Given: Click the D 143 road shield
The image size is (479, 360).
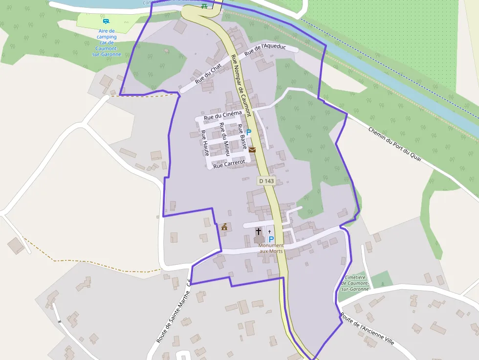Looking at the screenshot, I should point(267,181).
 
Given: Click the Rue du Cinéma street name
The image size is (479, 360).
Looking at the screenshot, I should point(223,115).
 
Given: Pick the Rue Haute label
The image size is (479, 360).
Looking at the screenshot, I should point(205,143).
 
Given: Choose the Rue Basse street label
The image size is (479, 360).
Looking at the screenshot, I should point(241,137).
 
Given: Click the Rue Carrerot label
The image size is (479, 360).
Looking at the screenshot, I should point(229,163).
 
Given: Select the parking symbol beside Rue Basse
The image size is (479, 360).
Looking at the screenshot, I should point(248,132).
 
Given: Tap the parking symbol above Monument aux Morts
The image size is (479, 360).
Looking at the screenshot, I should point(271,239).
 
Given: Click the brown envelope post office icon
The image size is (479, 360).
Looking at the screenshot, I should point(252,149).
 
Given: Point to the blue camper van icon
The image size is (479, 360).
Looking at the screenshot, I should point(106,21).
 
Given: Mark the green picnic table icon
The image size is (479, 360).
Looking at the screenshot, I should point(204,6).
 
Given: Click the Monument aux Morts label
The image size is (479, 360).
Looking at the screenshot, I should point(271,248).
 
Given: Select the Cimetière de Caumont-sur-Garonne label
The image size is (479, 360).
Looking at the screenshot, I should point(355,283).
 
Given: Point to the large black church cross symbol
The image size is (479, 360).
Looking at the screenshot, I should point(258,231).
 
